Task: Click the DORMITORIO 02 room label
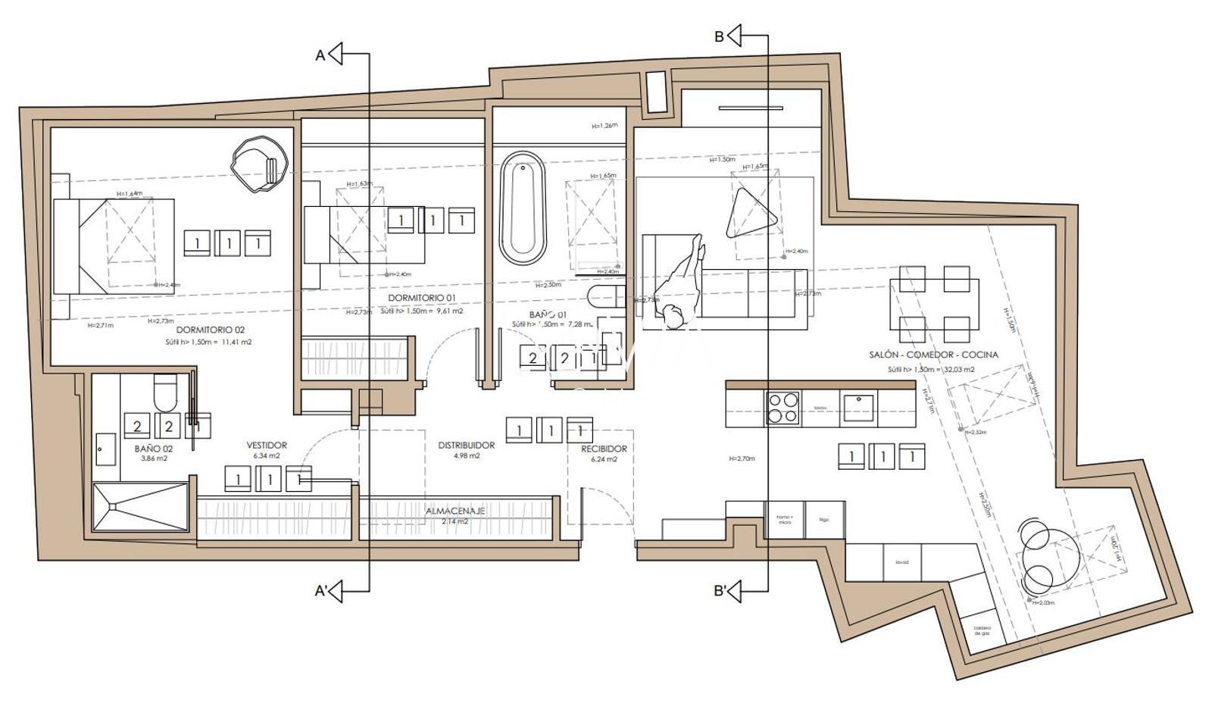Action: tap(211, 330)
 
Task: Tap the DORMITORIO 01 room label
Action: tap(422, 298)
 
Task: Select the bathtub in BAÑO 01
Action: tap(523, 208)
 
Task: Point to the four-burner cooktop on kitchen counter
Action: tap(782, 408)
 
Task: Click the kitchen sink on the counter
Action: tap(858, 408)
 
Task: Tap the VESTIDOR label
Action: tap(267, 446)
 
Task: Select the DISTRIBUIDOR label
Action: tap(467, 446)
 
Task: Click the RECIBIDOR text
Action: tap(604, 449)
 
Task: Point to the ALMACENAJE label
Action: tap(454, 511)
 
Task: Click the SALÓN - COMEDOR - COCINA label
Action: tap(933, 355)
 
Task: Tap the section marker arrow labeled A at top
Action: tap(336, 54)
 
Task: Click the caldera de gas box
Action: tap(981, 630)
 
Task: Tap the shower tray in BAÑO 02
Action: tap(140, 507)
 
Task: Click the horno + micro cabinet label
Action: tap(783, 520)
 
